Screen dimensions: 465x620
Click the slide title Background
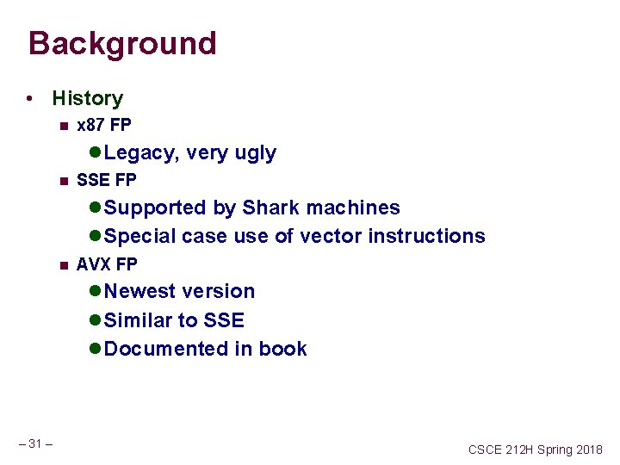point(122,43)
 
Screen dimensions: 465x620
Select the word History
point(87,99)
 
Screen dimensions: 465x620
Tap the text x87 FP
point(103,126)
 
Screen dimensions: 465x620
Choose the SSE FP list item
point(106,181)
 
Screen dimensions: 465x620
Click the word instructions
point(426,236)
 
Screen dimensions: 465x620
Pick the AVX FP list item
point(107,263)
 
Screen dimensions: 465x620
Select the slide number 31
point(35,443)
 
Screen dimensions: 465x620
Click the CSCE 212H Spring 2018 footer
point(536,449)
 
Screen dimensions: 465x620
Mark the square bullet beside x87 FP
point(63,127)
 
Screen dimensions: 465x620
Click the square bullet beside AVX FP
point(63,264)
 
